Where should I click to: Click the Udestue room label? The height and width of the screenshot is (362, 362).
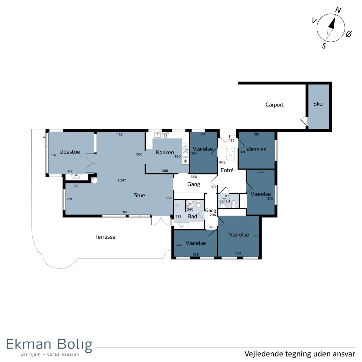(69, 152)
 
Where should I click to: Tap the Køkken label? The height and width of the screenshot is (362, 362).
(165, 152)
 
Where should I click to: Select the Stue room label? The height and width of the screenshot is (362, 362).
(139, 195)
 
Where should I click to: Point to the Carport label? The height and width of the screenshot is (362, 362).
(274, 105)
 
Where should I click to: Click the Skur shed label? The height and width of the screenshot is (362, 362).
(319, 104)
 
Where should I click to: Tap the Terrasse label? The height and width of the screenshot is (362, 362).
(105, 237)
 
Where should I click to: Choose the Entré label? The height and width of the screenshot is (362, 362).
(227, 170)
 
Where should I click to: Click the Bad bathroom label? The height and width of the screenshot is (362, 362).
(192, 216)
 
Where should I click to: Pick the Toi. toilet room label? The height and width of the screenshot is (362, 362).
(227, 201)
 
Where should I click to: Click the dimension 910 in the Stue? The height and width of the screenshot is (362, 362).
(124, 212)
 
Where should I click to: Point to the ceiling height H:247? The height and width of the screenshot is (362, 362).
(121, 180)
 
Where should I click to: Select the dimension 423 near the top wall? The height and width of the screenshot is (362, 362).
(119, 135)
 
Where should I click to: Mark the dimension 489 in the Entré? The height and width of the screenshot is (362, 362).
(222, 162)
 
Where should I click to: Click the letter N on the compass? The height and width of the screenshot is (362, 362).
(338, 10)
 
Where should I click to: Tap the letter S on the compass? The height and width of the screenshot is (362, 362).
(324, 46)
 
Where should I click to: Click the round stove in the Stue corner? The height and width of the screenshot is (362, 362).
(94, 180)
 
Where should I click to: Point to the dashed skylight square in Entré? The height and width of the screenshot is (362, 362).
(230, 154)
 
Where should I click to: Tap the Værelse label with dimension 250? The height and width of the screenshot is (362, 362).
(203, 149)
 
